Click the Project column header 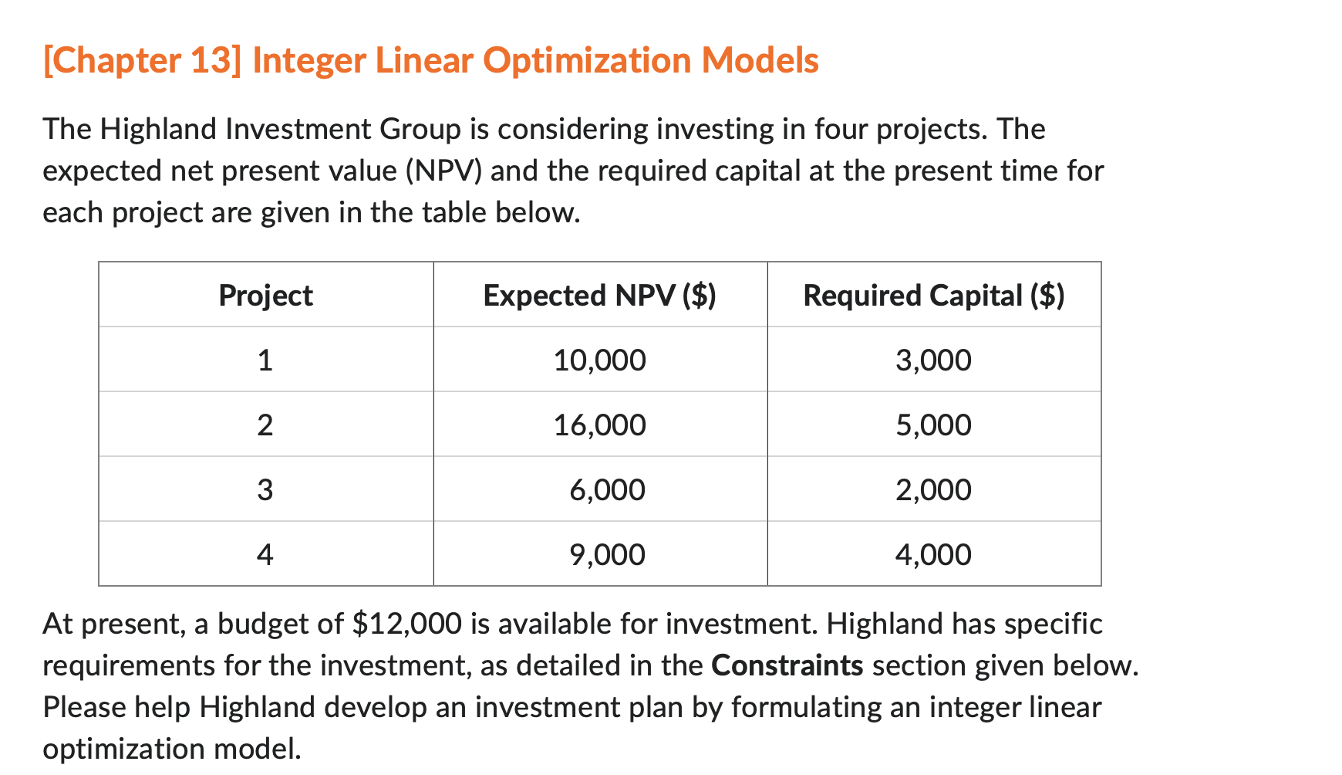pyautogui.click(x=265, y=296)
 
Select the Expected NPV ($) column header pyautogui.click(x=599, y=296)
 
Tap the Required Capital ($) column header pyautogui.click(x=933, y=296)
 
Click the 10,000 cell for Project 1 pyautogui.click(x=599, y=360)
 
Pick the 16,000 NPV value pyautogui.click(x=599, y=425)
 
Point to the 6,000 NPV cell pyautogui.click(x=607, y=490)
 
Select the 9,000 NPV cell pyautogui.click(x=607, y=555)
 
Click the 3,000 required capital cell pyautogui.click(x=933, y=360)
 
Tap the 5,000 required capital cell pyautogui.click(x=933, y=425)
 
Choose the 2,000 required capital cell pyautogui.click(x=933, y=490)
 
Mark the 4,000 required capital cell pyautogui.click(x=933, y=555)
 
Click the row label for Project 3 pyautogui.click(x=265, y=490)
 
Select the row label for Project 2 pyautogui.click(x=265, y=425)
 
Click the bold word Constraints pyautogui.click(x=787, y=665)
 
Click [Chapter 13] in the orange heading pyautogui.click(x=142, y=60)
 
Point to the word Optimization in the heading pyautogui.click(x=586, y=60)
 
